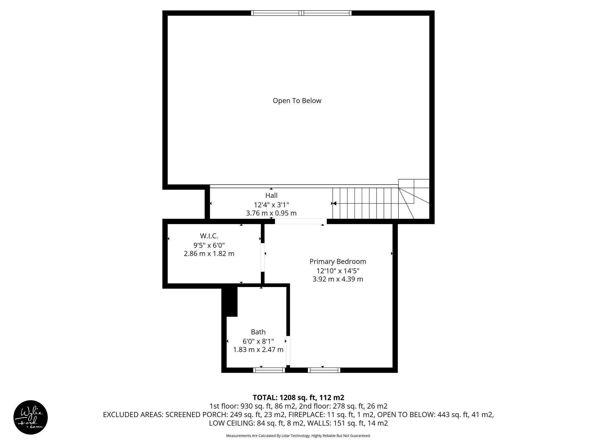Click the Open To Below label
[x=297, y=101]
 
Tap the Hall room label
[x=271, y=195]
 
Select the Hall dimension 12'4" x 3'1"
[x=271, y=204]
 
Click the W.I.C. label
[x=209, y=236]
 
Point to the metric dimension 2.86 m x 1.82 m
[x=209, y=254]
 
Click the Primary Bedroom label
[x=338, y=261]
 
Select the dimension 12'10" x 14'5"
[x=338, y=270]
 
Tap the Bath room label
[x=258, y=332]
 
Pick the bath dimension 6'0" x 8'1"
[x=258, y=341]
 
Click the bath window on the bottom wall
[x=269, y=370]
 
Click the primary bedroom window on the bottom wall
[x=324, y=370]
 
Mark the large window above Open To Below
[x=301, y=13]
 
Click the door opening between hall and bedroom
[x=301, y=221]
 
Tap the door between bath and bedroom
[x=288, y=351]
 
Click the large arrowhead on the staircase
[x=335, y=203]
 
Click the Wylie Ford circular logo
[x=31, y=417]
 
